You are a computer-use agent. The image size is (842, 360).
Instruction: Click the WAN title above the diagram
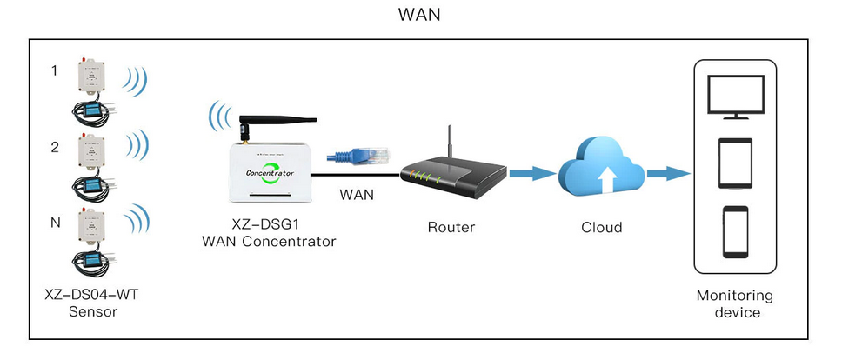[x=420, y=16]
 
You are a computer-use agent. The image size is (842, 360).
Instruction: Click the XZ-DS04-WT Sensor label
[x=91, y=303]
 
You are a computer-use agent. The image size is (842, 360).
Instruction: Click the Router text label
[x=451, y=228]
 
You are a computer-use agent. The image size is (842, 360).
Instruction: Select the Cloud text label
[x=602, y=228]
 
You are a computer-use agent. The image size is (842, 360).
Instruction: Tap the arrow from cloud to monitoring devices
[x=667, y=174]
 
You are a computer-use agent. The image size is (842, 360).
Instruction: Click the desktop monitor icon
[x=734, y=96]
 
